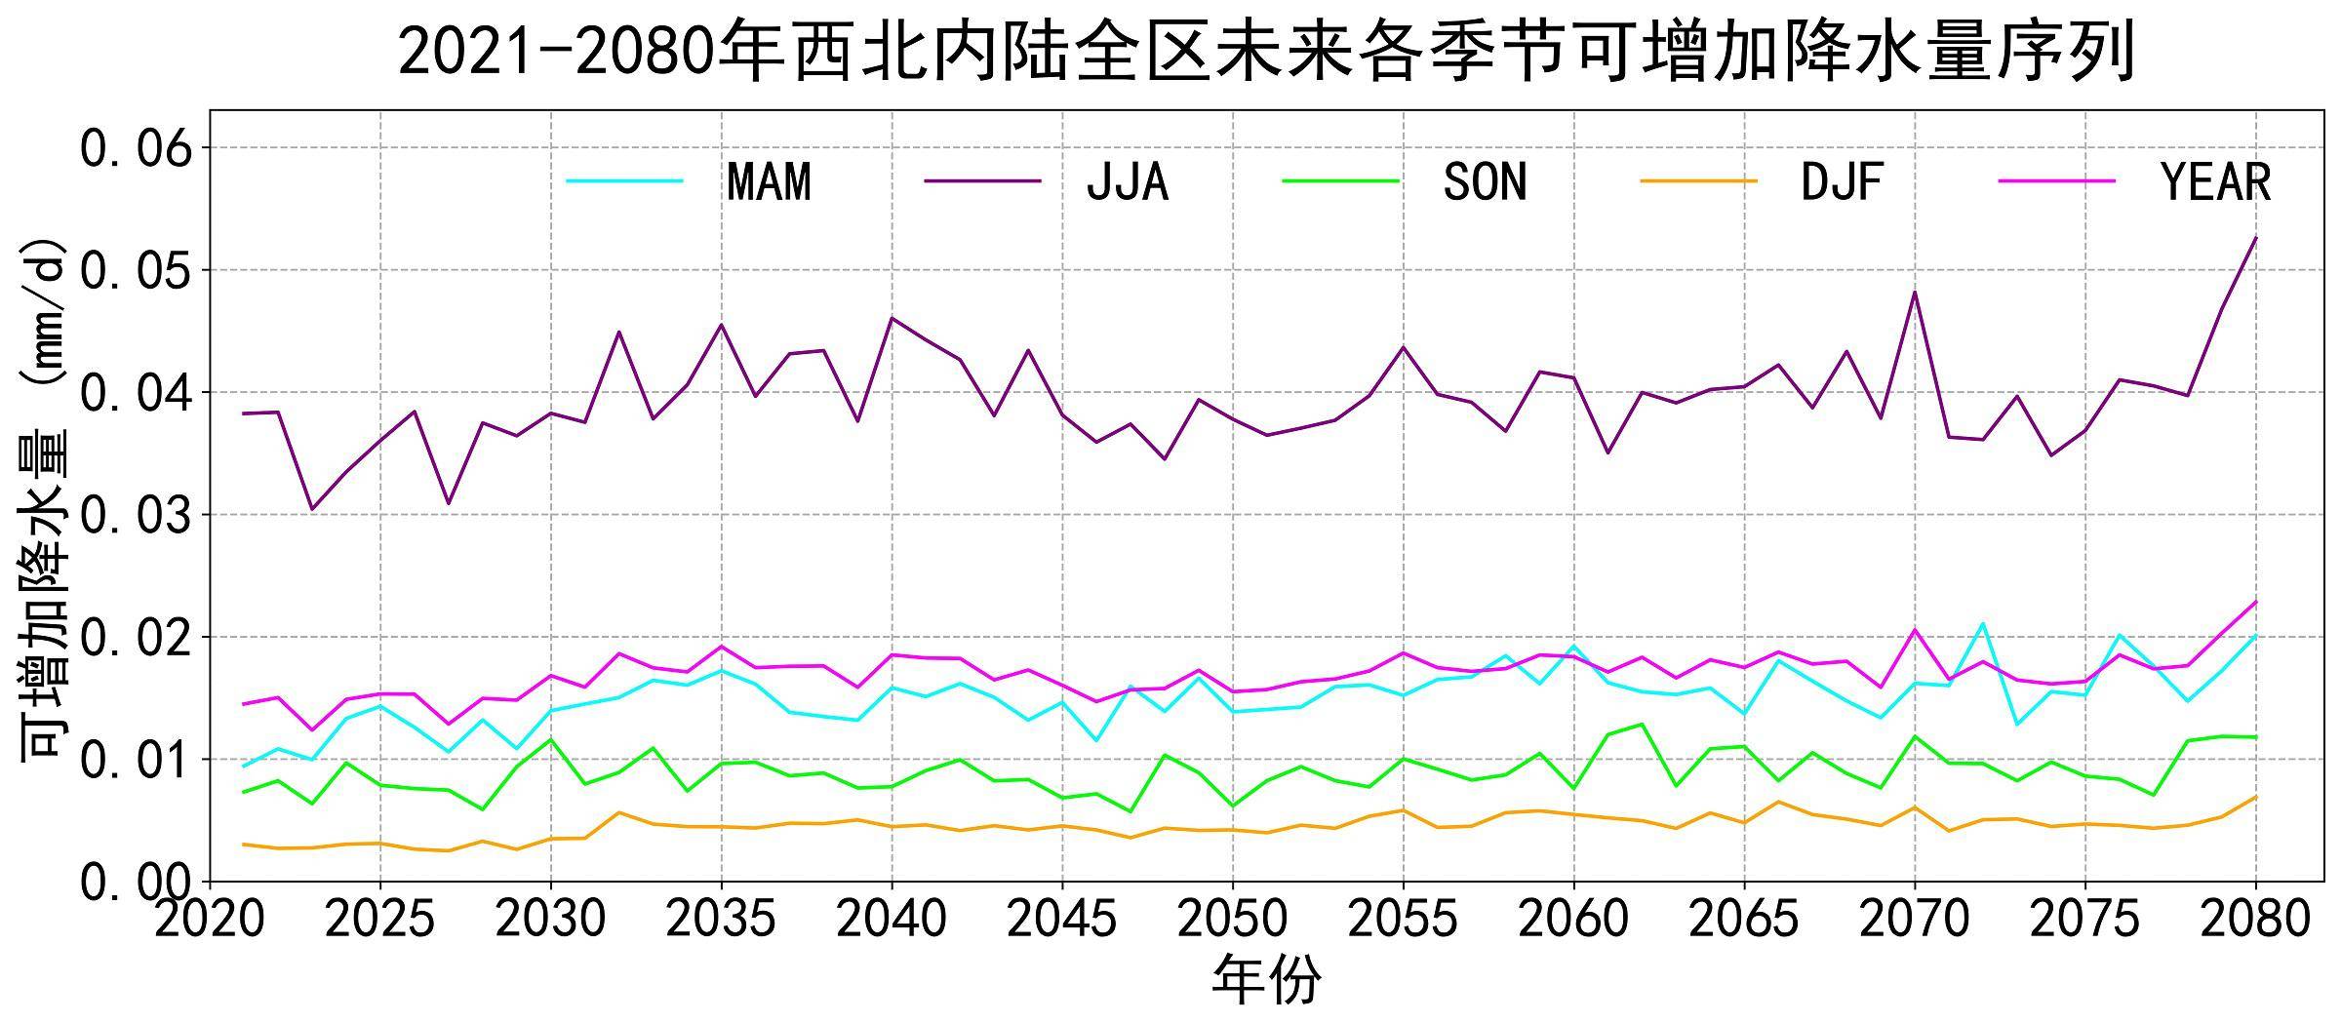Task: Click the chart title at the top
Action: (1266, 51)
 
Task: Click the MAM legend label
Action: (769, 182)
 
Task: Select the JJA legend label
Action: (1127, 182)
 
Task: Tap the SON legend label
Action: (1485, 182)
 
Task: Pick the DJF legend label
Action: (1842, 182)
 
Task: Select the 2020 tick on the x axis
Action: (210, 919)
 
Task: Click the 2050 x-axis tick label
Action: (1233, 919)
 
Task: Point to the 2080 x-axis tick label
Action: (2255, 919)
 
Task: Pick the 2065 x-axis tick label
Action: (1744, 919)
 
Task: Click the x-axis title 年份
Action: (1266, 980)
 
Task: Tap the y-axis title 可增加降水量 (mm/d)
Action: (44, 497)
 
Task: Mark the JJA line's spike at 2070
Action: (1915, 292)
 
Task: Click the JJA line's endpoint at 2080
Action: (2255, 237)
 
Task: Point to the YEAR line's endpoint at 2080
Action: (2255, 602)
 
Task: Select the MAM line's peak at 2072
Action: (1983, 623)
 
